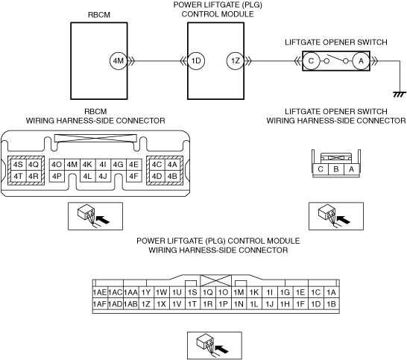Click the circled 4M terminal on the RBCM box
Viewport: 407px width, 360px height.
click(119, 61)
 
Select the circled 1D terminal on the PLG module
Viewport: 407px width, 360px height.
click(196, 61)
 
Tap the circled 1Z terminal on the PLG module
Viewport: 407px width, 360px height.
click(236, 61)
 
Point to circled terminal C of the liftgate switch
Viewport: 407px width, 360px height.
click(311, 61)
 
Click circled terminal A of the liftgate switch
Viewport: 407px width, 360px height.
click(361, 61)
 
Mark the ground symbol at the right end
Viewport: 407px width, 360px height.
click(400, 94)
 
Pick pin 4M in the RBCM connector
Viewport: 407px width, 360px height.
click(72, 165)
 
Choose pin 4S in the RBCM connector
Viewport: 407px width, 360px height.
click(18, 165)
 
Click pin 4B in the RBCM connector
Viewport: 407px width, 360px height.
click(172, 177)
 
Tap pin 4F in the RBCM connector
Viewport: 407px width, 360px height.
click(134, 177)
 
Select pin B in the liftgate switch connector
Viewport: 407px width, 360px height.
click(336, 169)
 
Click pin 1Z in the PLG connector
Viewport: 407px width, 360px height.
click(146, 304)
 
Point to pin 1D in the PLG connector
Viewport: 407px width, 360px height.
click(316, 304)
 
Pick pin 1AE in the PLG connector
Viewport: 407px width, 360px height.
click(100, 292)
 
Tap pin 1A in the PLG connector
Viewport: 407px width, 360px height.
click(331, 292)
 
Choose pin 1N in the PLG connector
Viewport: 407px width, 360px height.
click(239, 304)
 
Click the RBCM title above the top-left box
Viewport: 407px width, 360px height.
click(99, 15)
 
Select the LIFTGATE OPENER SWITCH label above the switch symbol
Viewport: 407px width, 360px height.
click(336, 42)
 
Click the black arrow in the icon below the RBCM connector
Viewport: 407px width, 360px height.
click(103, 219)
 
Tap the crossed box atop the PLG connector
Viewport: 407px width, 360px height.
click(215, 281)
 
